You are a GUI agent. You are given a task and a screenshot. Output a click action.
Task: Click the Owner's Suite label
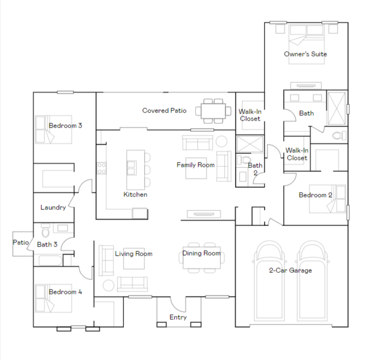click(x=305, y=54)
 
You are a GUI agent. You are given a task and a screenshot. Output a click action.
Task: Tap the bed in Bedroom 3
click(x=53, y=130)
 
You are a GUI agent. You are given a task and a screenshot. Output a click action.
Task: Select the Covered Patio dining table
click(x=214, y=111)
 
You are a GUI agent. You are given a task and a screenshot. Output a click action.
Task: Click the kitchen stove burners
click(x=102, y=168)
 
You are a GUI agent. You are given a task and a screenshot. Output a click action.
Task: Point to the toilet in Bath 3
click(x=45, y=231)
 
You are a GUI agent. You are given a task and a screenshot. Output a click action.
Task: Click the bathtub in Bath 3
click(x=51, y=260)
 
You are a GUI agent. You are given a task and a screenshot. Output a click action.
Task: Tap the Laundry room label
click(x=53, y=207)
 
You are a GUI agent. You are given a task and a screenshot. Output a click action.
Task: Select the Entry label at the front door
click(x=178, y=317)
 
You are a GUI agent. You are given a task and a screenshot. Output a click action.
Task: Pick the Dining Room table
click(x=202, y=258)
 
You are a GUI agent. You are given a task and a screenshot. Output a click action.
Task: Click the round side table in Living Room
click(x=109, y=285)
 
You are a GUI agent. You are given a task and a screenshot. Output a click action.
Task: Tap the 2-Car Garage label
click(x=290, y=271)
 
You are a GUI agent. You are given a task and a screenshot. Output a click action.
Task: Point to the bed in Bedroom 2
click(x=328, y=199)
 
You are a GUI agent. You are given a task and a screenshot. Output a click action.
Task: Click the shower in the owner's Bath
click(x=337, y=108)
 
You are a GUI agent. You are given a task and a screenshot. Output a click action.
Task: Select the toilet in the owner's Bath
click(x=339, y=136)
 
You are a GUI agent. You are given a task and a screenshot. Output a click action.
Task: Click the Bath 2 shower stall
click(x=250, y=144)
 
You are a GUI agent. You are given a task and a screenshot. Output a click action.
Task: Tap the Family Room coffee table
click(x=196, y=168)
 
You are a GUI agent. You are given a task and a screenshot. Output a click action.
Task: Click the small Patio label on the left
click(x=20, y=242)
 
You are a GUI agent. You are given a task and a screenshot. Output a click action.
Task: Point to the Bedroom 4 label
click(x=66, y=292)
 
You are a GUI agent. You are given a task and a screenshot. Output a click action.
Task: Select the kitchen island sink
click(x=132, y=168)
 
